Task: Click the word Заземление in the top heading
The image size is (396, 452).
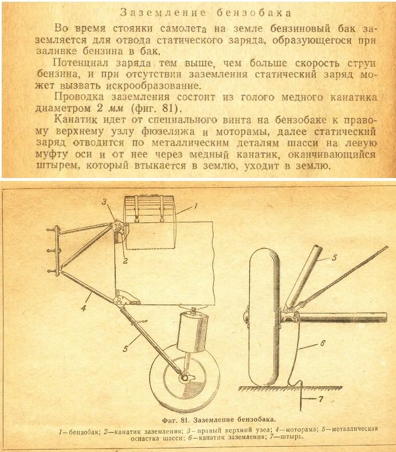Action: click(163, 13)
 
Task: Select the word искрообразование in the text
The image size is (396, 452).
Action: click(153, 86)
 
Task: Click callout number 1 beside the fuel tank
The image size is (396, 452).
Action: click(196, 206)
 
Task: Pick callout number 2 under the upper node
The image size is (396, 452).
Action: click(125, 261)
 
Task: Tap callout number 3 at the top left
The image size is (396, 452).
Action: click(104, 202)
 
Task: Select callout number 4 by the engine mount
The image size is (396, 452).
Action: click(83, 308)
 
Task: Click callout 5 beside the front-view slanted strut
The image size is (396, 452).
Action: click(334, 257)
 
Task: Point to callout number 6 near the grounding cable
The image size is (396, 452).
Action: click(323, 343)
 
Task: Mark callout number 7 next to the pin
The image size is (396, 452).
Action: click(321, 399)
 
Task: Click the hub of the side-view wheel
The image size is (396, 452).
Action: click(184, 378)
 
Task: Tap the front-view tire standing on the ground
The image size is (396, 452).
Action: click(264, 317)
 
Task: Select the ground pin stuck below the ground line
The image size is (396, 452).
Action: click(300, 396)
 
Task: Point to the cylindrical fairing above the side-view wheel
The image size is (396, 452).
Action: click(193, 333)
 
